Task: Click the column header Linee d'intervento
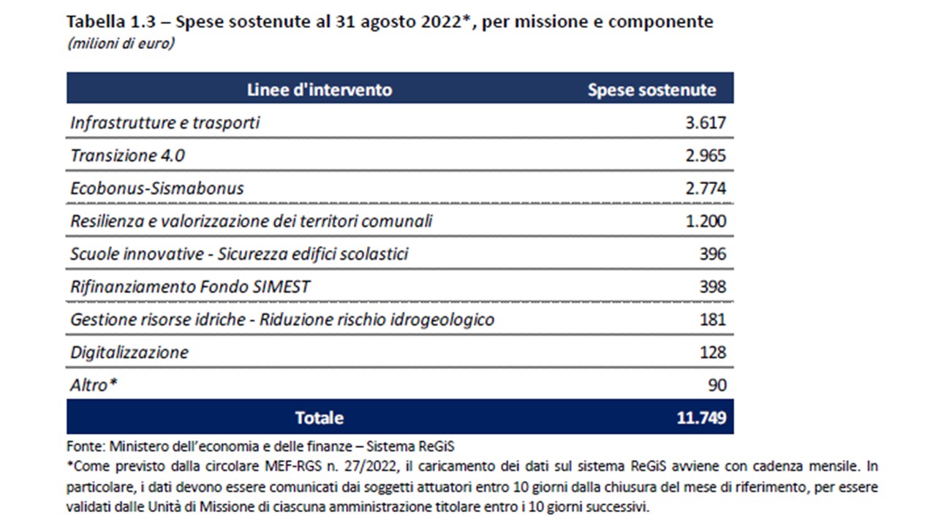[320, 90]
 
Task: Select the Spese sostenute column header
[652, 90]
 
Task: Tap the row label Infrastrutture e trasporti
[165, 123]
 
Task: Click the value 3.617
[706, 123]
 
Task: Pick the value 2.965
[706, 156]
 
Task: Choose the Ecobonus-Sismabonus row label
[157, 188]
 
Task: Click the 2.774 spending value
[706, 188]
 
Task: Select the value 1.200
[706, 221]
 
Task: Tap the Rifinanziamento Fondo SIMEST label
[190, 286]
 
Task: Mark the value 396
[712, 254]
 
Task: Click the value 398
[712, 286]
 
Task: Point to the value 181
[712, 319]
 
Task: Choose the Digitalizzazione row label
[129, 352]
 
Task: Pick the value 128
[712, 352]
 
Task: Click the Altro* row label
[94, 385]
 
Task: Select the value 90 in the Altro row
[717, 385]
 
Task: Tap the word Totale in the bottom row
[320, 418]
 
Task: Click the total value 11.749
[701, 418]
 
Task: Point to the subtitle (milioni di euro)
[121, 44]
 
